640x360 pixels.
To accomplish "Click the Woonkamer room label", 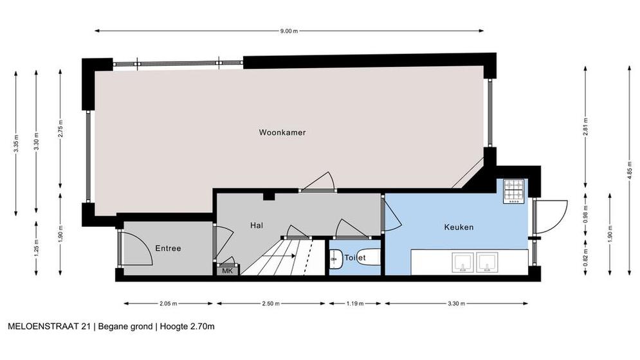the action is pos(282,132).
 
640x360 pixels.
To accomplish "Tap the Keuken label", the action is pos(459,227).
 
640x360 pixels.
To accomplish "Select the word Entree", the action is pos(168,248).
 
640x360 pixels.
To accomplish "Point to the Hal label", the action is pos(257,225).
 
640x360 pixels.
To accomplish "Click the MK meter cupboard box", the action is pos(227,270).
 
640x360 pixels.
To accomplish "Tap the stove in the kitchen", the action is pos(513,192).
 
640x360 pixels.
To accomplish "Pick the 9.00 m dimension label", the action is pos(289,31).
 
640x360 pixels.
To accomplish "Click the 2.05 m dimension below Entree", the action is pos(168,303).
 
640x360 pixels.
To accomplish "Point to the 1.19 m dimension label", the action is pos(354,303).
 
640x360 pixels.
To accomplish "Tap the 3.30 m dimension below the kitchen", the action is pos(456,303).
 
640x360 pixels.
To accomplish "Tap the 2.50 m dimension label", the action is pos(271,303).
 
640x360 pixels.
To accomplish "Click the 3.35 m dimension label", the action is pos(16,143).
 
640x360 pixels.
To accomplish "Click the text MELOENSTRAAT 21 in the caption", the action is pos(50,327).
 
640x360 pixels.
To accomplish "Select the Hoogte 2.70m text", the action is pos(187,327).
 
